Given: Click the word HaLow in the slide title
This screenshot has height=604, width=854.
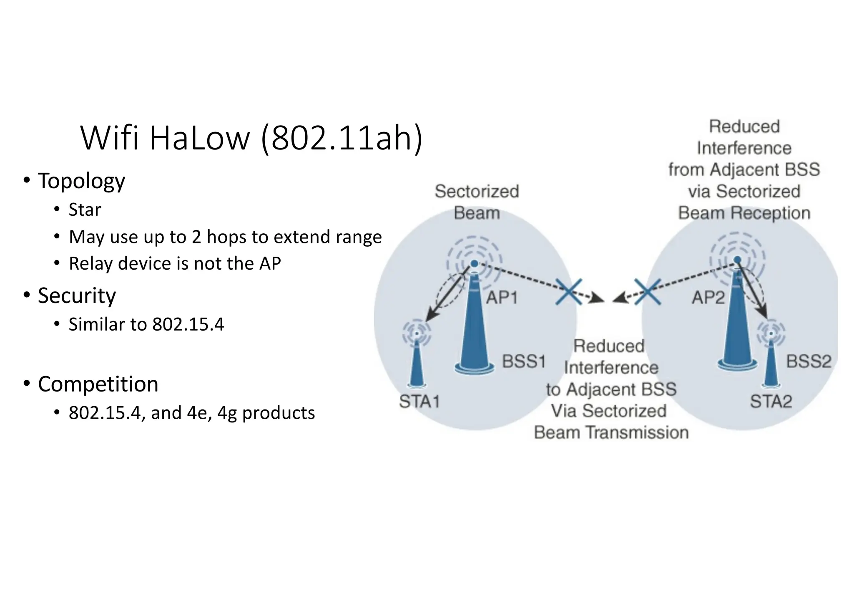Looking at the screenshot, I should tap(199, 138).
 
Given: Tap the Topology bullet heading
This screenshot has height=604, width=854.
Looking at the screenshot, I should tap(81, 181).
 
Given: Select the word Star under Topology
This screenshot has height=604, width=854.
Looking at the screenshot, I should tap(85, 210).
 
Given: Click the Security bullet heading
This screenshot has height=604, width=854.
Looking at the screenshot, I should tap(77, 296).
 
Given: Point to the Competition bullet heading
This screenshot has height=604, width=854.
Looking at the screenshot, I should tap(98, 384).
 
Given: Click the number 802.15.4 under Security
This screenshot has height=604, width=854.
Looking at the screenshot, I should tap(188, 324).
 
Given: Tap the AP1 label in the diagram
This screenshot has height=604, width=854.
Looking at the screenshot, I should tap(502, 298).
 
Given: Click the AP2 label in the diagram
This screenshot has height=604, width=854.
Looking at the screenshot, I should tap(708, 298).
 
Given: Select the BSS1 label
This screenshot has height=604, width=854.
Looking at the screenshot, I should tap(524, 361).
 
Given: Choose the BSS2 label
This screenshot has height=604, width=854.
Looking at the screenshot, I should tap(809, 361).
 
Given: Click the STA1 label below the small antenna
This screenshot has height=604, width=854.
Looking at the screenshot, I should tap(419, 402).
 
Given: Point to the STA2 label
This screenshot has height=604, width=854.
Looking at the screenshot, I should tap(771, 402).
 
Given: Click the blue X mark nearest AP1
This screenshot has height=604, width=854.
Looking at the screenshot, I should tap(569, 292).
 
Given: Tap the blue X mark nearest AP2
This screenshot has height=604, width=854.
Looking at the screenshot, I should tap(647, 292).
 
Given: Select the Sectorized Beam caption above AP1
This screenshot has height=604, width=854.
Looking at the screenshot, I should tap(477, 202).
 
